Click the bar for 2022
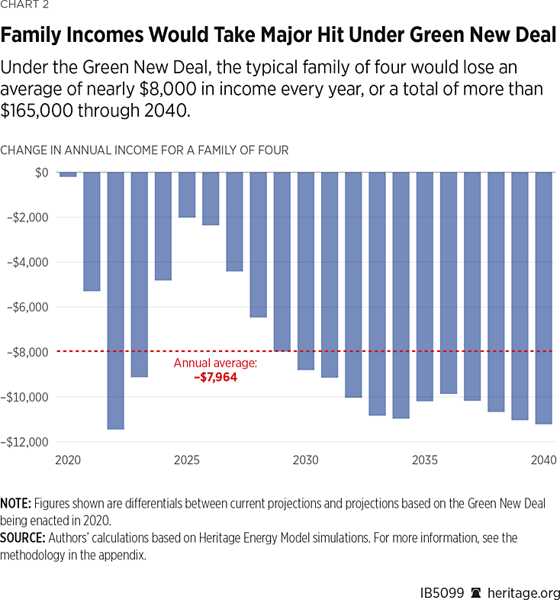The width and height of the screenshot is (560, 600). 115,300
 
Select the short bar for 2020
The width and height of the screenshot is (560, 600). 68,175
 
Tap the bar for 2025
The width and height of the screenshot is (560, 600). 187,195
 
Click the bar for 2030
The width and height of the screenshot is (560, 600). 306,271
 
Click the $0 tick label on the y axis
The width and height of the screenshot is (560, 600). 41,173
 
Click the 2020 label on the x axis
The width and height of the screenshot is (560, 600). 68,461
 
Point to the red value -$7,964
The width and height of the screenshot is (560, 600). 215,376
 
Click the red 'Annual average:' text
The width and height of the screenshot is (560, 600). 215,363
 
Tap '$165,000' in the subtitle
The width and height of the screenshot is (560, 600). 38,111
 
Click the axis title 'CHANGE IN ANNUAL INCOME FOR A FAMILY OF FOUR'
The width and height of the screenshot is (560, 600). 144,150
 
